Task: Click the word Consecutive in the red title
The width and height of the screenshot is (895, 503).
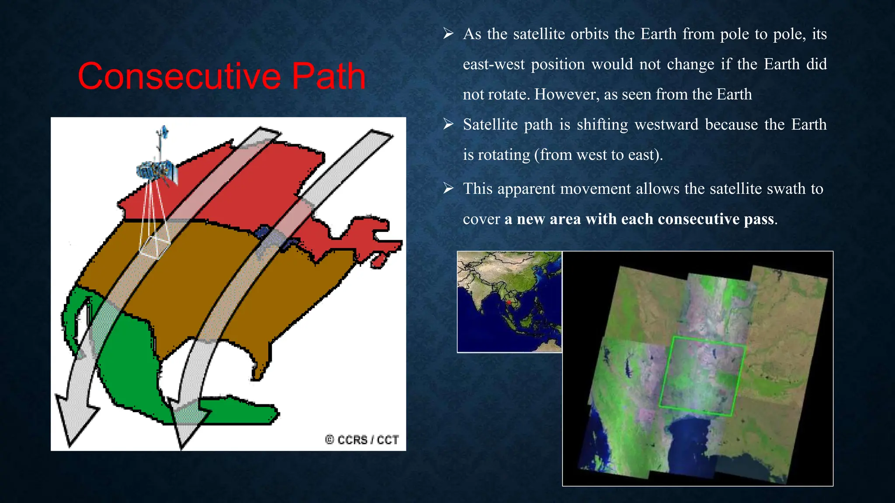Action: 179,76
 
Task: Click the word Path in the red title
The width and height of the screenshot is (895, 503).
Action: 328,76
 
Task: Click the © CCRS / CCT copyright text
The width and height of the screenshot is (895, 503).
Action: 362,440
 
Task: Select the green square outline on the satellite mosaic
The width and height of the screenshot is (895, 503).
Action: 702,376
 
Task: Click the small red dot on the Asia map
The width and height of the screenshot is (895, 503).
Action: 509,302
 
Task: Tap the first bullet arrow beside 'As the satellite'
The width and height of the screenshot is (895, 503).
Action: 448,34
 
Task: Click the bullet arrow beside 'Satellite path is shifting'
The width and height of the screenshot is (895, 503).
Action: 448,124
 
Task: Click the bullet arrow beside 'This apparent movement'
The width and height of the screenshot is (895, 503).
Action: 448,189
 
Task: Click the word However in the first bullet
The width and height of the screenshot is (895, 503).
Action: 567,94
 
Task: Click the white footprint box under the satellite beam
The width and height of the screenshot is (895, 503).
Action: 155,247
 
